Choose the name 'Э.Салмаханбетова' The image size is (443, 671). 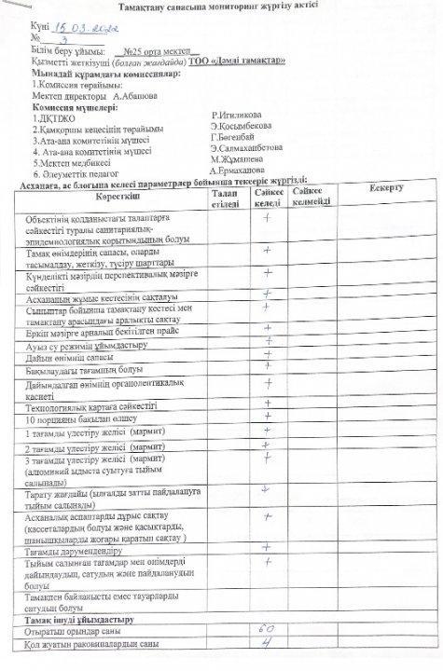(246, 147)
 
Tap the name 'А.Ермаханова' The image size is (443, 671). (237, 171)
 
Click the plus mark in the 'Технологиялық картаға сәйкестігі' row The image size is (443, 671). (268, 404)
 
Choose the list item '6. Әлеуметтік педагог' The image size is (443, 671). (76, 173)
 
